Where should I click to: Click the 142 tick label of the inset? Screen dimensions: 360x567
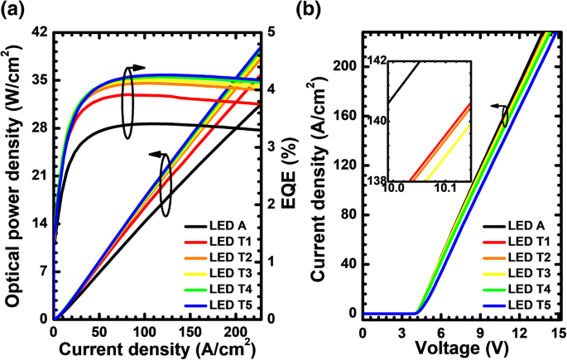point(374,60)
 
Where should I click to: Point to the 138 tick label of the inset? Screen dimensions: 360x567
point(374,180)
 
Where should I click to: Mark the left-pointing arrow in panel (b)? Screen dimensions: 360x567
point(496,106)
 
